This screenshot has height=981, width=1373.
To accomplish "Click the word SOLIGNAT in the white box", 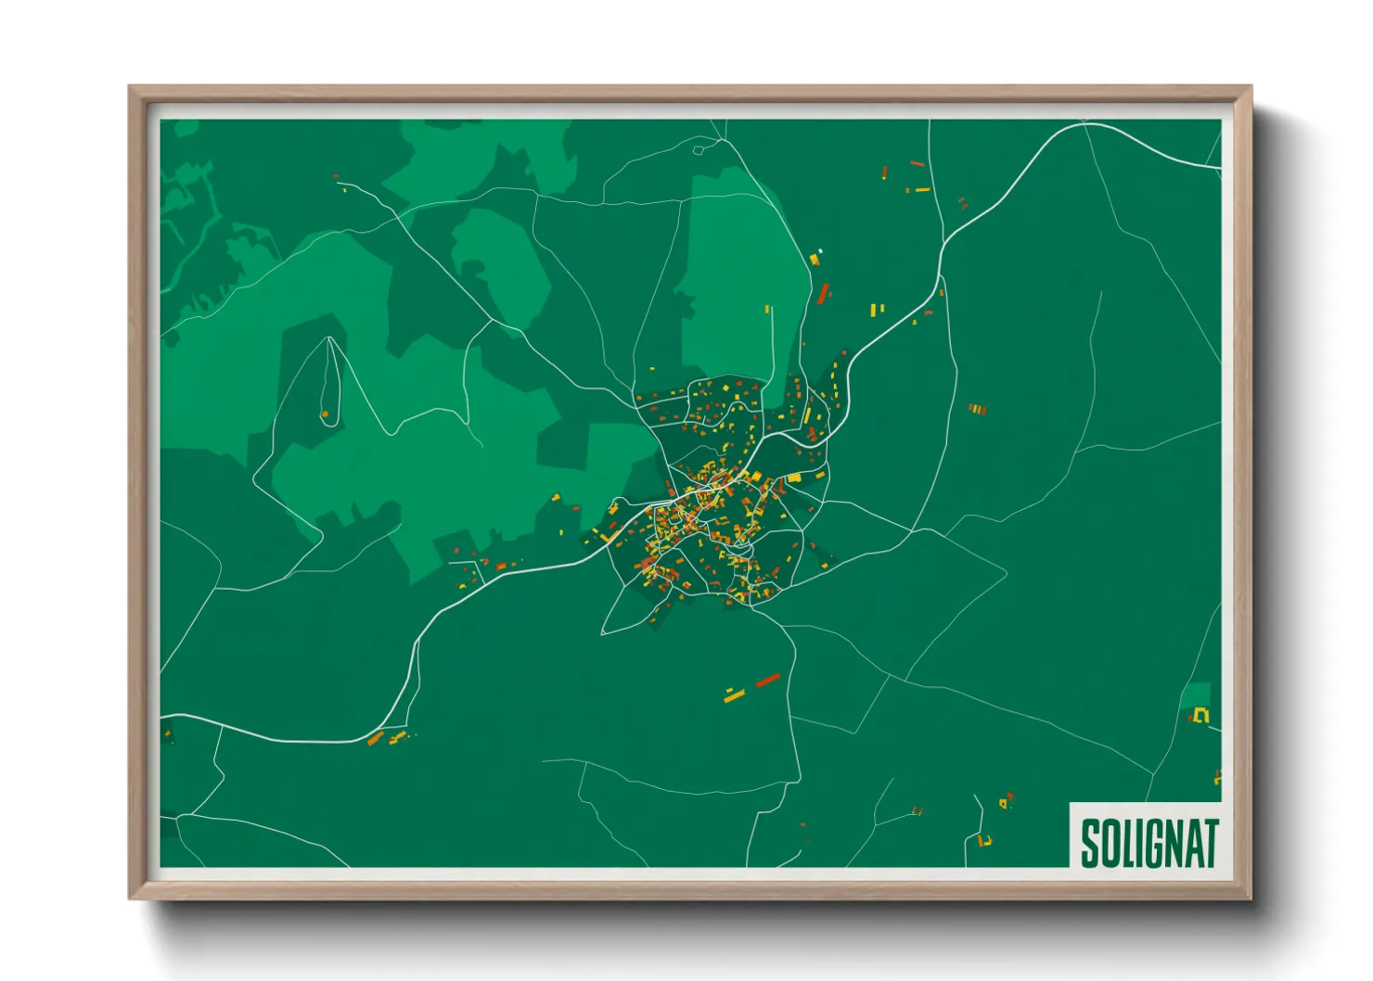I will pyautogui.click(x=1148, y=843).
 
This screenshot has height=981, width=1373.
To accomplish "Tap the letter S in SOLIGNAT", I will pyautogui.click(x=1090, y=843).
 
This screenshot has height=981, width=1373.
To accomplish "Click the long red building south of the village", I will pyautogui.click(x=767, y=681).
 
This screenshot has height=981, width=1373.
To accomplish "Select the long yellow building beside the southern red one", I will pyautogui.click(x=735, y=695).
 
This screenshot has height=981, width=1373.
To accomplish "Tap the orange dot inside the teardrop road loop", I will pyautogui.click(x=325, y=414).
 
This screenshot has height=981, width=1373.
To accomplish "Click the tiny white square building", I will pyautogui.click(x=820, y=250).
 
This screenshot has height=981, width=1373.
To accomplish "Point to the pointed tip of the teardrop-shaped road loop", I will pyautogui.click(x=329, y=338).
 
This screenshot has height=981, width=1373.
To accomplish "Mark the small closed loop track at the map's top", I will pyautogui.click(x=699, y=148).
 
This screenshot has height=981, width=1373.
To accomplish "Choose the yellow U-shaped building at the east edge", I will pyautogui.click(x=1202, y=715).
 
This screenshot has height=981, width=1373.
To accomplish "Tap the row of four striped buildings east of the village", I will pyautogui.click(x=977, y=408).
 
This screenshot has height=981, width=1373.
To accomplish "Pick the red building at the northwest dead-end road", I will pyautogui.click(x=336, y=175).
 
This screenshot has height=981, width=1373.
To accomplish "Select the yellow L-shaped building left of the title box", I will pyautogui.click(x=984, y=840).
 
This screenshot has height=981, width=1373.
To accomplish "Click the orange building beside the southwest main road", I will pyautogui.click(x=376, y=739).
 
